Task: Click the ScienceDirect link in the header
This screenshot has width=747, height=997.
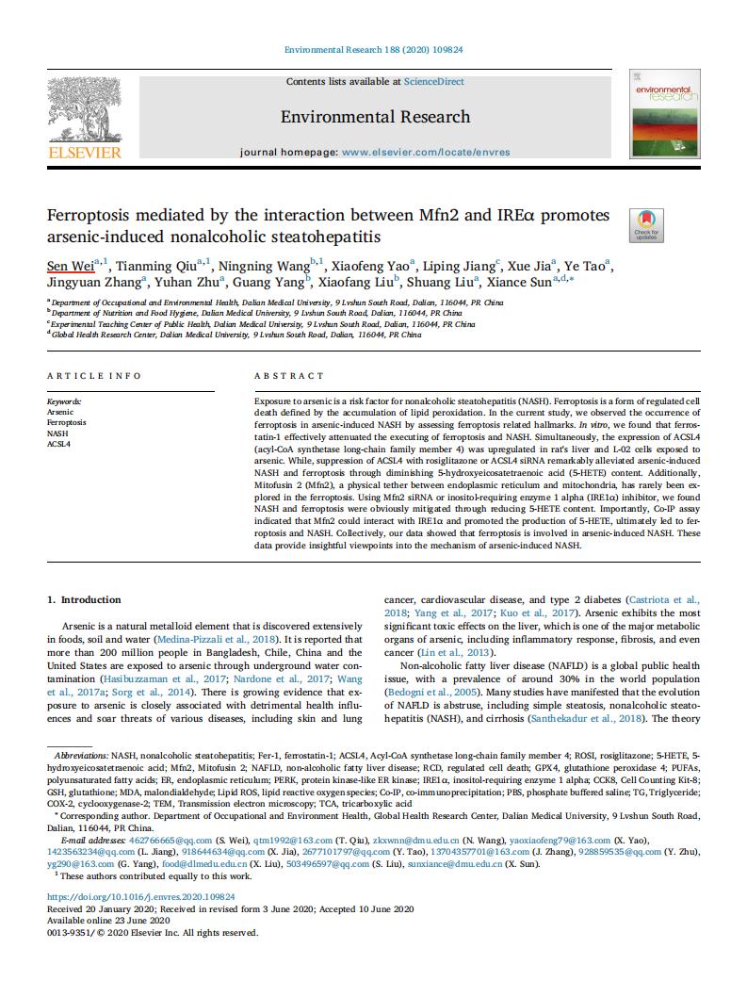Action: [433, 82]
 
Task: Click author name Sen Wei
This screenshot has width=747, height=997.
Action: [70, 265]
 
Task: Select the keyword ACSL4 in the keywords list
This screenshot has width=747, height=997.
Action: [59, 444]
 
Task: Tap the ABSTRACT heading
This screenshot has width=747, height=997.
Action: [289, 376]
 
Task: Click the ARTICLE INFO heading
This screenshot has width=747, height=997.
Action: [94, 376]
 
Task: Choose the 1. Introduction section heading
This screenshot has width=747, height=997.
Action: [84, 599]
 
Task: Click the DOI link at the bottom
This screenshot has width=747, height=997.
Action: [141, 897]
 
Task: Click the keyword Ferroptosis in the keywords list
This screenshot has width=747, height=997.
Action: [66, 423]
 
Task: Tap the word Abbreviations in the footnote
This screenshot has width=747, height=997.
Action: [82, 755]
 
